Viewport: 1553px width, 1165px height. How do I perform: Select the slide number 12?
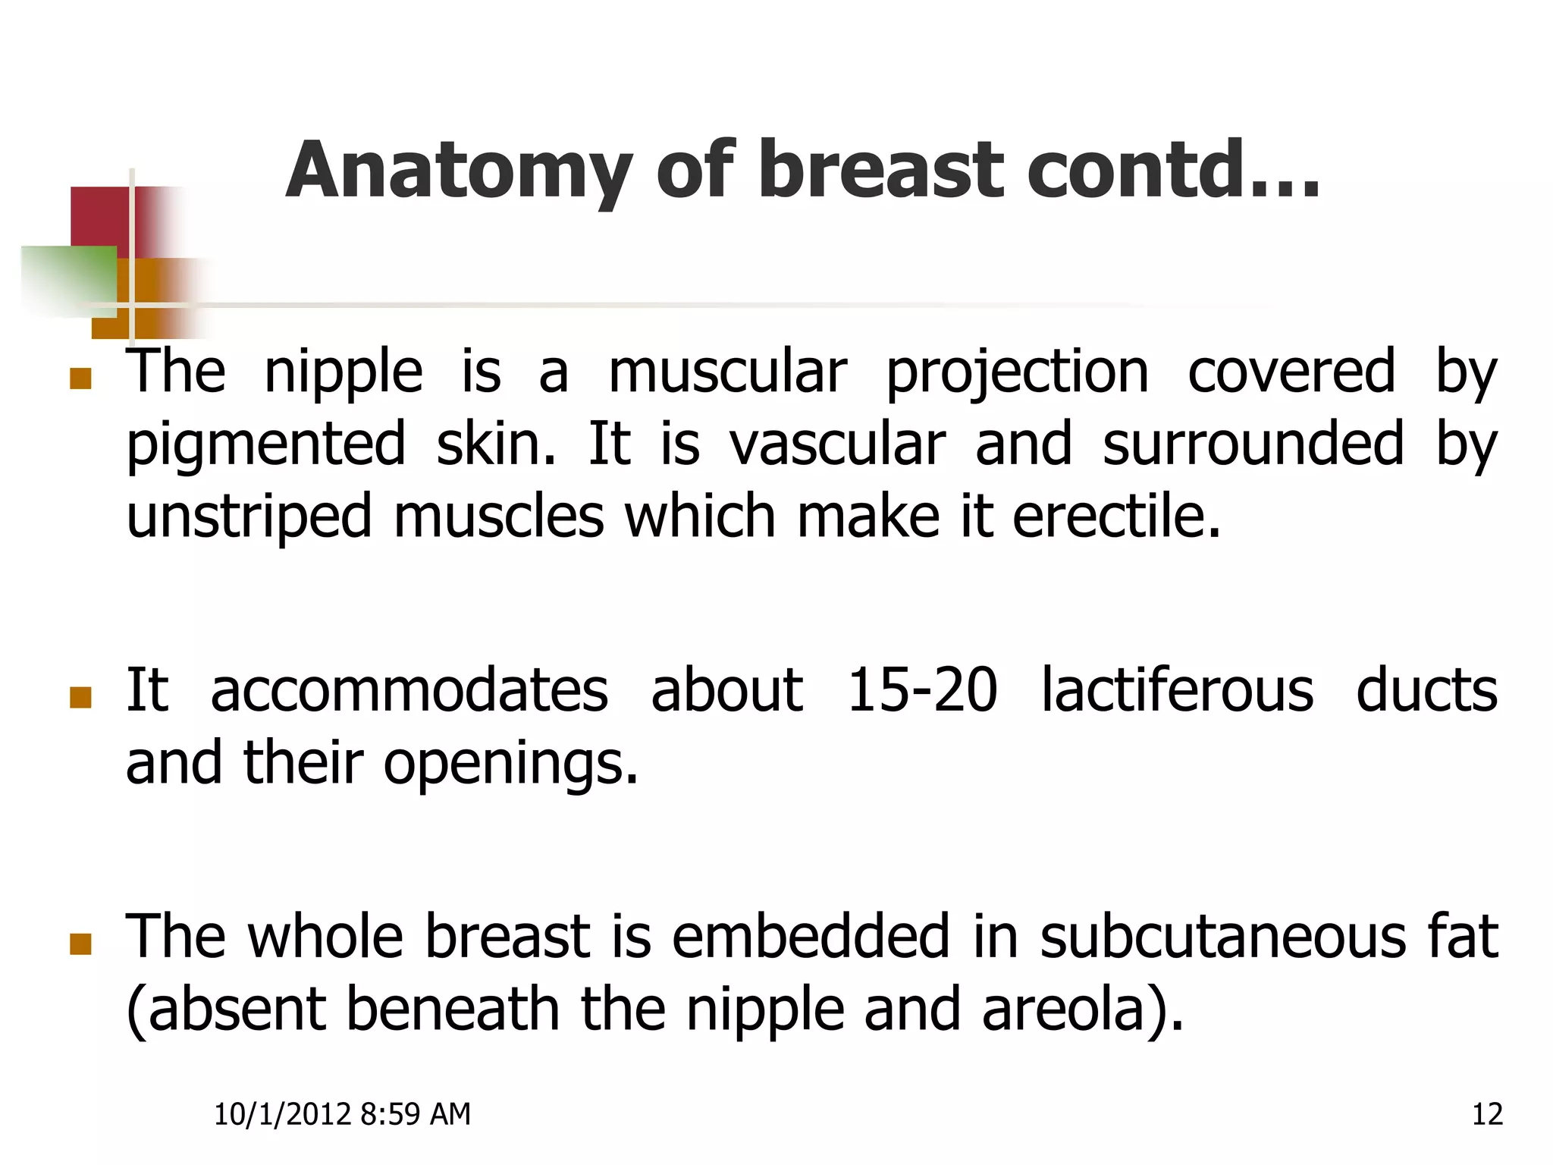click(1487, 1114)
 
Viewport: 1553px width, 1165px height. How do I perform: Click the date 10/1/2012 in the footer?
click(282, 1114)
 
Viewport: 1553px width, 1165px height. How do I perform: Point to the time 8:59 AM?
click(416, 1114)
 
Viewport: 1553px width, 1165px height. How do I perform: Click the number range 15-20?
click(921, 690)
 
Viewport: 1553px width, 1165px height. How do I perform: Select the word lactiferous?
click(1177, 690)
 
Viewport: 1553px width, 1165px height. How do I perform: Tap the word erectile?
click(1116, 516)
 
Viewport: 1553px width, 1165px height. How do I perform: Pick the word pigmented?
click(265, 446)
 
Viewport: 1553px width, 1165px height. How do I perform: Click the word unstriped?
click(249, 516)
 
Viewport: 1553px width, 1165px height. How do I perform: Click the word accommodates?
click(409, 690)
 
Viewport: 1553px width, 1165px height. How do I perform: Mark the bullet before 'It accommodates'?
click(80, 697)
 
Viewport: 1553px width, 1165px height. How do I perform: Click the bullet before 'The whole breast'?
click(80, 944)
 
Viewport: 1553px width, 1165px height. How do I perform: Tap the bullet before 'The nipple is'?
click(80, 378)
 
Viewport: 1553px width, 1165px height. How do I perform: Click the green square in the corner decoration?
click(68, 281)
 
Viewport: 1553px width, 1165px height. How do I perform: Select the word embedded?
click(811, 937)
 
